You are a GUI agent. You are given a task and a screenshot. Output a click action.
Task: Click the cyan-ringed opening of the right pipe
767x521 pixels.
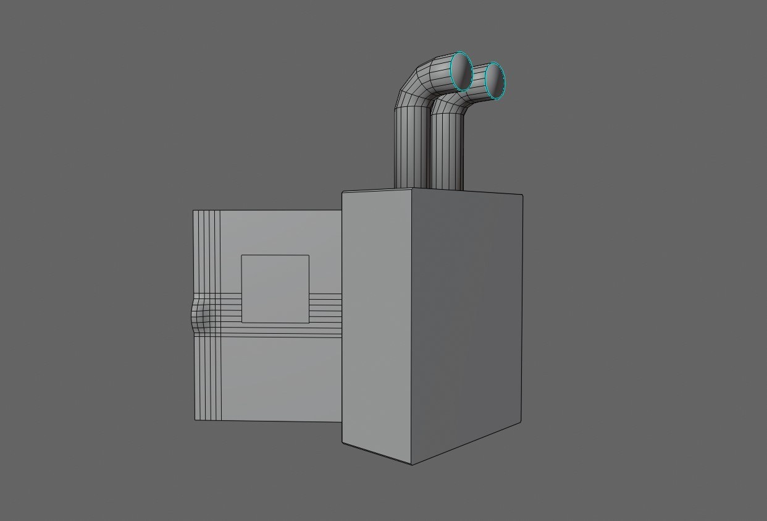click(x=495, y=80)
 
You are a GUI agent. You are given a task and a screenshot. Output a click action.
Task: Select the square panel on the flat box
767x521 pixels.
click(x=275, y=288)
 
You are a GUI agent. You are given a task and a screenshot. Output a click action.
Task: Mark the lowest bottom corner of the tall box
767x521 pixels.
click(x=412, y=464)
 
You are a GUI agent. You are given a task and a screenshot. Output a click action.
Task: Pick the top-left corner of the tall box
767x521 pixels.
click(x=343, y=192)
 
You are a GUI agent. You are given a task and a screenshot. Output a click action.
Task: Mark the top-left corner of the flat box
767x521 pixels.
click(x=194, y=211)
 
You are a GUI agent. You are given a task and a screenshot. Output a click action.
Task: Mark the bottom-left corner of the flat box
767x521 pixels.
click(x=195, y=420)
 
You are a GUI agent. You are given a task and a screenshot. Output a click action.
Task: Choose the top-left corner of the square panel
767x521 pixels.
click(x=241, y=255)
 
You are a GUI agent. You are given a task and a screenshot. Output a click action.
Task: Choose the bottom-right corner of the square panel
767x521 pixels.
click(x=309, y=322)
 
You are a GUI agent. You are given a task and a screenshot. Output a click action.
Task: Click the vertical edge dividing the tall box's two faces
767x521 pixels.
click(x=412, y=328)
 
